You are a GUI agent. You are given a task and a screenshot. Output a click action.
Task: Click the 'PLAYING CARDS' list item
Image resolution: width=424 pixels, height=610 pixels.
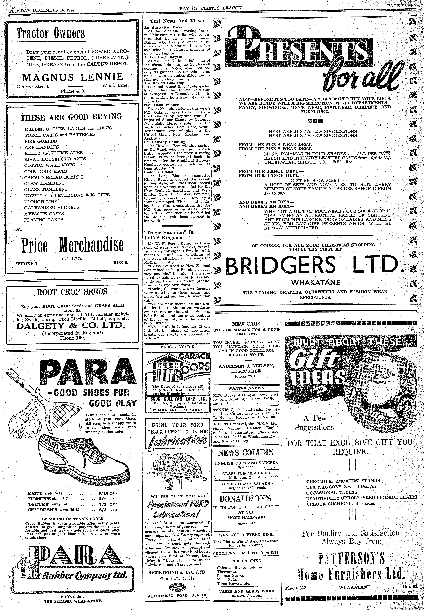tap(44, 220)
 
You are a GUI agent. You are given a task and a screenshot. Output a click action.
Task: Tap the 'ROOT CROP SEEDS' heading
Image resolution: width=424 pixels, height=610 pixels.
tap(72, 292)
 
